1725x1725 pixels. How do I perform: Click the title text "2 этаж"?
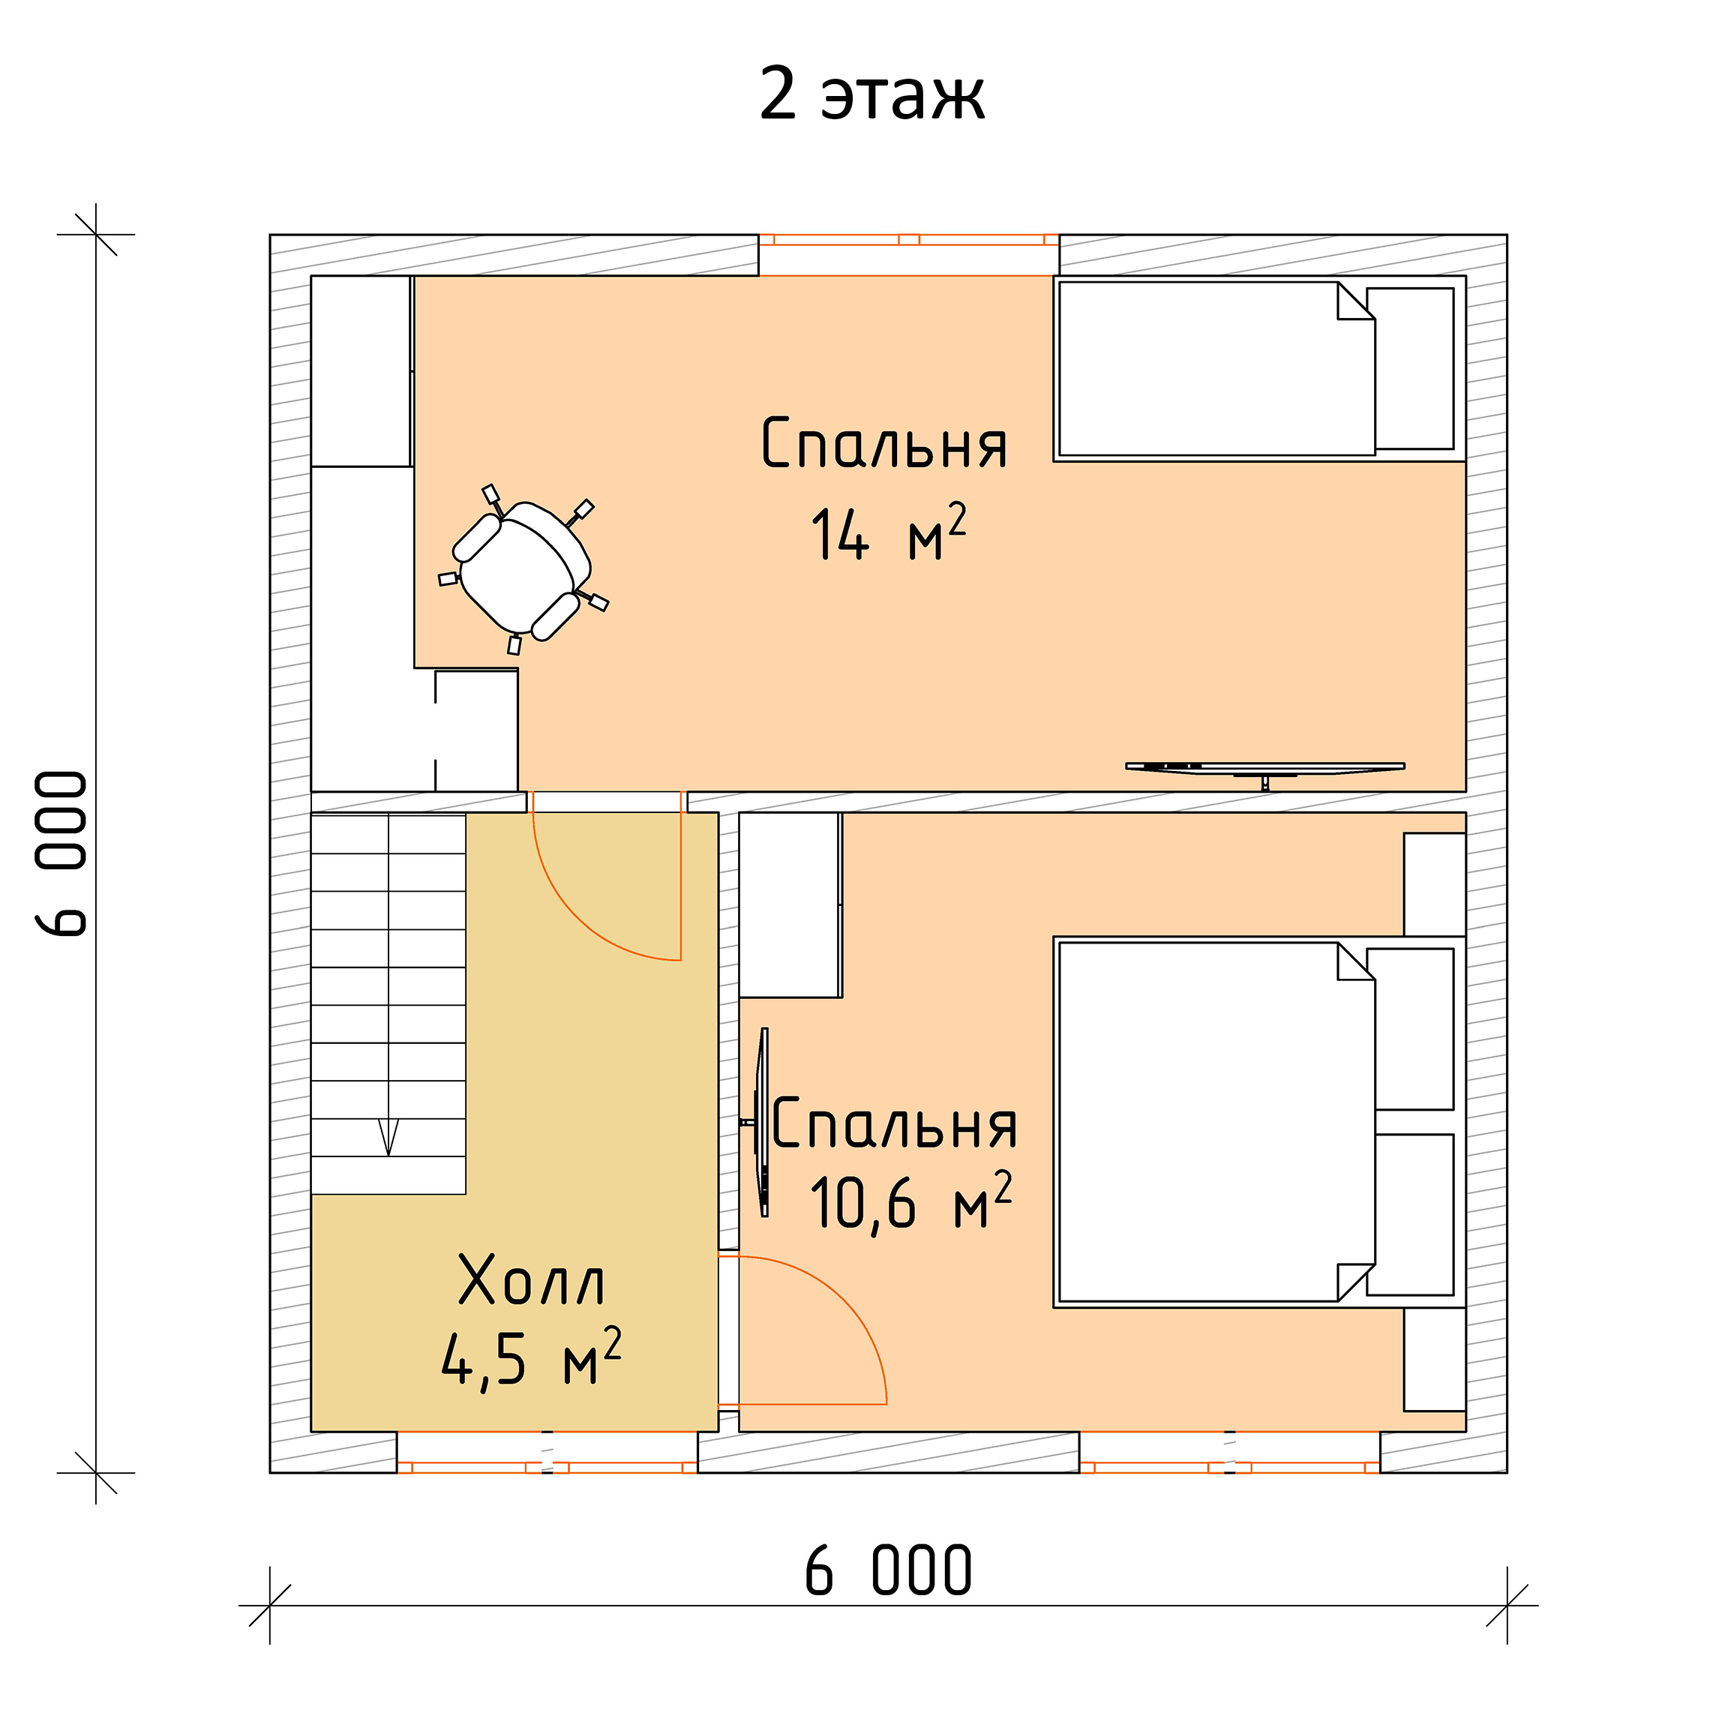pos(871,94)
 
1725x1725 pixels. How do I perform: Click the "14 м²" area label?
pos(889,533)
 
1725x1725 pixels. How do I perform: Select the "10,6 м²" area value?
pos(910,1201)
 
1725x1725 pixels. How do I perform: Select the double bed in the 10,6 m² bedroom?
pos(1259,1121)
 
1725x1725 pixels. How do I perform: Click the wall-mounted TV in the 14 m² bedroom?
pos(1265,769)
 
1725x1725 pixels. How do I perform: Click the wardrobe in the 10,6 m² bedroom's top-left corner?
pos(789,904)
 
